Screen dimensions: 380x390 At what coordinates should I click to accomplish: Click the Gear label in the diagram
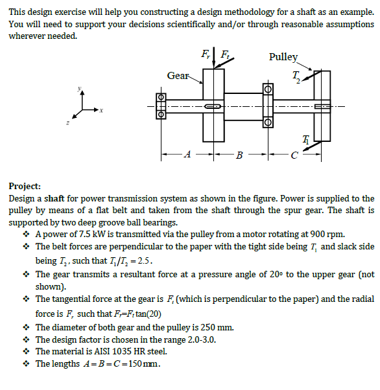178,76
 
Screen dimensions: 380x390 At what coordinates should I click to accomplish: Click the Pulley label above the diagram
283,57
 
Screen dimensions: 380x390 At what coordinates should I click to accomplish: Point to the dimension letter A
188,154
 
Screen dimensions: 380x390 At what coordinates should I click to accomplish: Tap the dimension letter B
239,155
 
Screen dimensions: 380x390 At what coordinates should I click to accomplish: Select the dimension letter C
294,155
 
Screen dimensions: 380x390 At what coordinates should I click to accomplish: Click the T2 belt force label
296,77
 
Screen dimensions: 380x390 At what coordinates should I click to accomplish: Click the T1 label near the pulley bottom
306,140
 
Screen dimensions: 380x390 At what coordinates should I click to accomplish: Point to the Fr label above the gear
206,54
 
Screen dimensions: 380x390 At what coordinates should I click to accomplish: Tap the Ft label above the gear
225,54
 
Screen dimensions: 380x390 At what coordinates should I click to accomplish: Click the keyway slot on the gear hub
213,106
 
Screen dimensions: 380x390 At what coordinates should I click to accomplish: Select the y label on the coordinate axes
80,88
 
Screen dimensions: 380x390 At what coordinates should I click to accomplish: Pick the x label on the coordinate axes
101,110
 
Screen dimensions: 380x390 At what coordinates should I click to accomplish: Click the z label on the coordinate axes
67,122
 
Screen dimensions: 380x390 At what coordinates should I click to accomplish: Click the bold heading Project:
25,187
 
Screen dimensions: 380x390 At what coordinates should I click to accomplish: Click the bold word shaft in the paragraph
54,199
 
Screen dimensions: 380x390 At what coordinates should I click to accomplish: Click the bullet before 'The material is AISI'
26,351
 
